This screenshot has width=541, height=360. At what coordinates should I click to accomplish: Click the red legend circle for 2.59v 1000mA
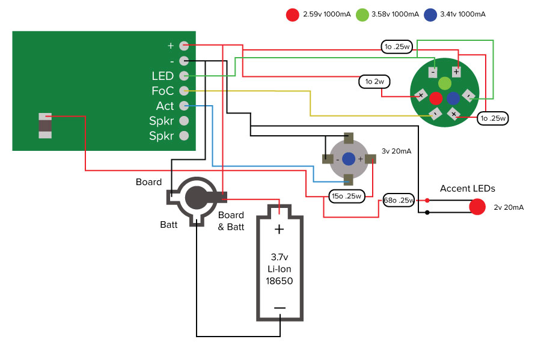[x=293, y=14]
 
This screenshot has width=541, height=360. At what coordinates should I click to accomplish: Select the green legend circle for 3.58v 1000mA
[x=362, y=14]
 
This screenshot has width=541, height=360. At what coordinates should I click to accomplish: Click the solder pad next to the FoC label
[x=185, y=91]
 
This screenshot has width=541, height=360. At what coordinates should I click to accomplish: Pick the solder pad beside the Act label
[x=185, y=106]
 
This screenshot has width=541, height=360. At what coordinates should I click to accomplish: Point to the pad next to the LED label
[x=185, y=76]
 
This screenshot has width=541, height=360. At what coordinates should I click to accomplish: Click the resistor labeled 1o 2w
[x=375, y=81]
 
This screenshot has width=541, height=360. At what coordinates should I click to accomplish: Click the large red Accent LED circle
[x=477, y=207]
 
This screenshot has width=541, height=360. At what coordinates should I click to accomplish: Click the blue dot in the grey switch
[x=349, y=159]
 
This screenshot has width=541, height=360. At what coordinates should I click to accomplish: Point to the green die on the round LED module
[x=444, y=83]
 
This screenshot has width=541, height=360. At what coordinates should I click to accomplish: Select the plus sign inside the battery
[x=279, y=229]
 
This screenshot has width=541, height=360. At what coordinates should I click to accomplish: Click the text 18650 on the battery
[x=279, y=280]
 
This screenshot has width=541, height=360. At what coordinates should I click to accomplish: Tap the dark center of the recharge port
[x=196, y=197]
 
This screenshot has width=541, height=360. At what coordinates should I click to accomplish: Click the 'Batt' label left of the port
[x=168, y=224]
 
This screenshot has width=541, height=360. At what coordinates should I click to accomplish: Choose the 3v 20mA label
[x=397, y=151]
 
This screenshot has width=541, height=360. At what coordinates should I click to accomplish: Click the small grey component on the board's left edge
[x=45, y=126]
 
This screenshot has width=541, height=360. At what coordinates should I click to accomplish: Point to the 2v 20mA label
[x=509, y=207]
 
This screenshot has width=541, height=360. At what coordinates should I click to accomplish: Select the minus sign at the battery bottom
[x=280, y=308]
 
